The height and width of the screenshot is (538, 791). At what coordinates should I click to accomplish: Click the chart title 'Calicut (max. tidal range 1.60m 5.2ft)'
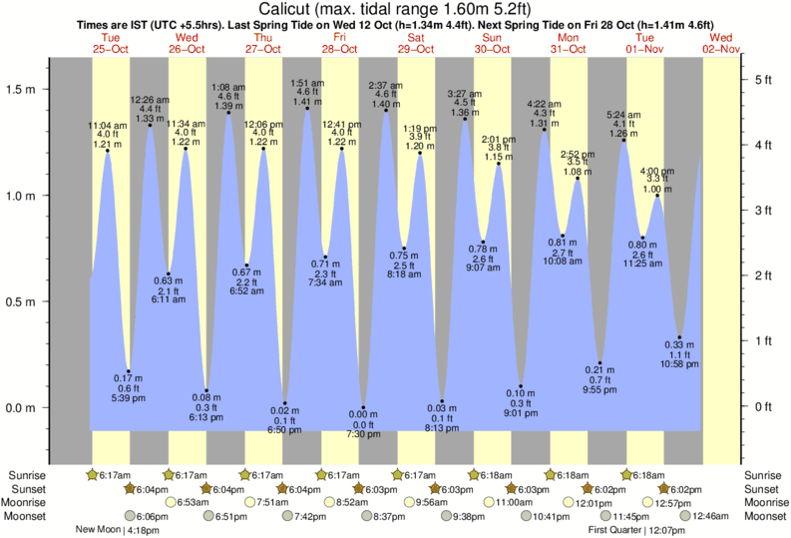tap(395, 9)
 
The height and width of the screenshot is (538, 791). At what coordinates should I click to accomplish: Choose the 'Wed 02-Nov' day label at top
tap(721, 42)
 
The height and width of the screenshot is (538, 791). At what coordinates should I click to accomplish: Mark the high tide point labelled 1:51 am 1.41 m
tap(306, 108)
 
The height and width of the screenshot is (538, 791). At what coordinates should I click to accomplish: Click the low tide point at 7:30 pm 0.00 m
tap(363, 408)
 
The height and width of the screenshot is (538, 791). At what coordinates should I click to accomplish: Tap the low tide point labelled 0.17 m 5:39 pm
tap(128, 371)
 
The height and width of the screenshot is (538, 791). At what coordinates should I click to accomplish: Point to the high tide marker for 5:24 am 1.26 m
tap(624, 140)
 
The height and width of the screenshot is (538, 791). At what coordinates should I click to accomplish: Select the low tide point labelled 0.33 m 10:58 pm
tap(679, 337)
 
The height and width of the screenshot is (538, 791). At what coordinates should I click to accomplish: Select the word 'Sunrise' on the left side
tap(25, 474)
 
